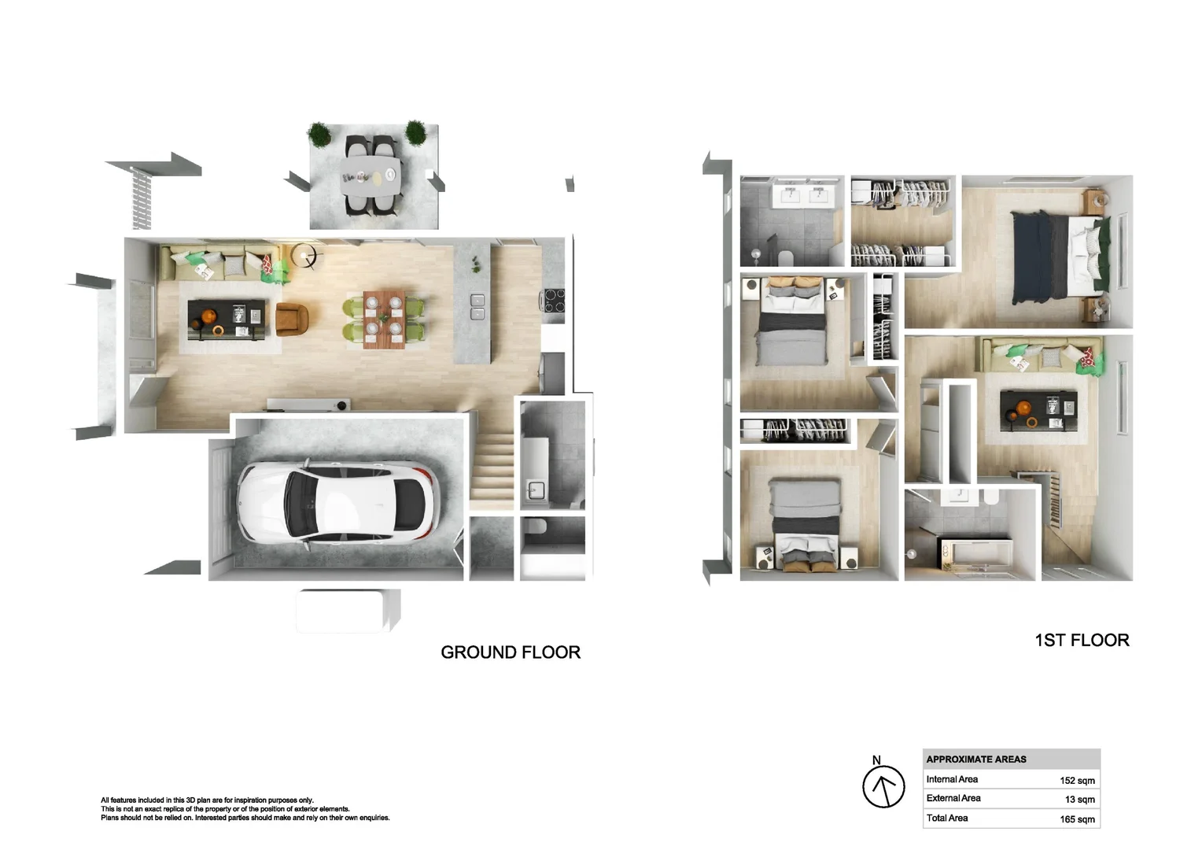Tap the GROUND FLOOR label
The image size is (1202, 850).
pyautogui.click(x=511, y=652)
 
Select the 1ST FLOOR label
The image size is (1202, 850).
pyautogui.click(x=1082, y=640)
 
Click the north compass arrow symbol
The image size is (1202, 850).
pyautogui.click(x=883, y=786)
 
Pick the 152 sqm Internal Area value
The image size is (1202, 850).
pyautogui.click(x=1077, y=780)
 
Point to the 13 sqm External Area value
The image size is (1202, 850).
pyautogui.click(x=1079, y=800)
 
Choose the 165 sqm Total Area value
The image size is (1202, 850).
pyautogui.click(x=1077, y=819)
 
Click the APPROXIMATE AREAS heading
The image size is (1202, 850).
pyautogui.click(x=976, y=759)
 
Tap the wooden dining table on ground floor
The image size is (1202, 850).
pyautogui.click(x=384, y=320)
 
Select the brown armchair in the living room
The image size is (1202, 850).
pyautogui.click(x=292, y=320)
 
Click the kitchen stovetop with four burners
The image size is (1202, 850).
pyautogui.click(x=554, y=301)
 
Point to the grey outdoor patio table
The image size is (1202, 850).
pyautogui.click(x=371, y=176)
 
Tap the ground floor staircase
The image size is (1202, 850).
pyautogui.click(x=492, y=466)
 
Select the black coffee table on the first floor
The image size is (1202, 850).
pyautogui.click(x=1038, y=411)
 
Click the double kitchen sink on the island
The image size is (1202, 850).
pyautogui.click(x=477, y=307)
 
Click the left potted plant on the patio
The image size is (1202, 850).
pyautogui.click(x=320, y=134)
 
